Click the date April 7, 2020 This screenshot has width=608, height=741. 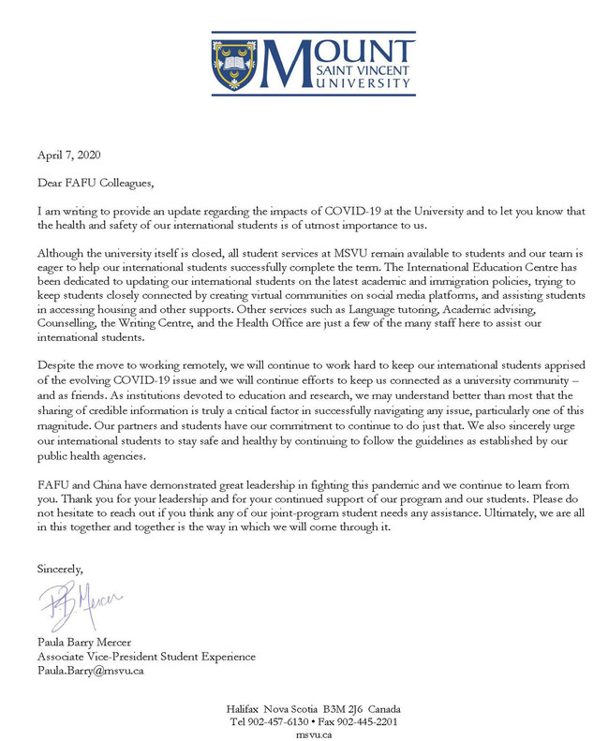[68, 156]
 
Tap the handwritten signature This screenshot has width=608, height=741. [80, 603]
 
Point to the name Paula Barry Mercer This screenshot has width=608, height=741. [84, 643]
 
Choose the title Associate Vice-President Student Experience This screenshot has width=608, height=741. [146, 657]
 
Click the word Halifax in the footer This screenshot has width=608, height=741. [244, 708]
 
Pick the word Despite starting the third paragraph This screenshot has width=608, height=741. [57, 363]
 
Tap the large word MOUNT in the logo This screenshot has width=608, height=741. [337, 51]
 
